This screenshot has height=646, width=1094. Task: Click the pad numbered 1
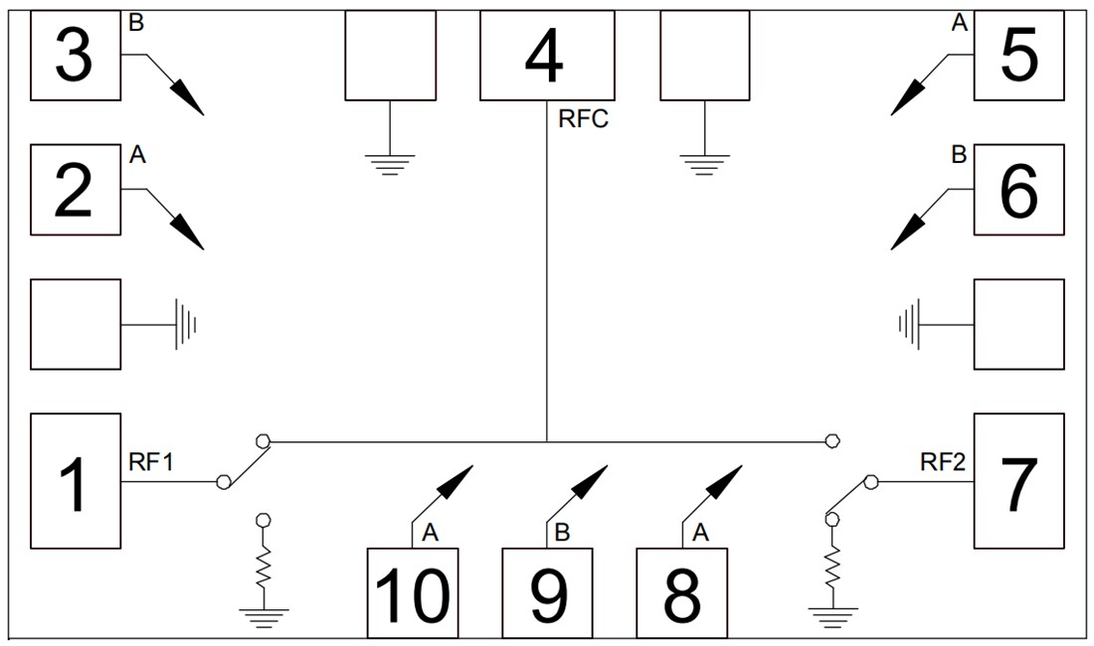tap(76, 481)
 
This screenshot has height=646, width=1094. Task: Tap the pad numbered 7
tap(1018, 481)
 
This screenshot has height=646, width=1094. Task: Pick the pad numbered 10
tap(412, 592)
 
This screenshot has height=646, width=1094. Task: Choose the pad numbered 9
tap(546, 592)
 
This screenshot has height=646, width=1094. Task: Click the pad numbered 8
tap(681, 592)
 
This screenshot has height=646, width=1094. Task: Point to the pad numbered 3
tap(76, 56)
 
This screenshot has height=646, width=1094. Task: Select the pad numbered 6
tap(1018, 190)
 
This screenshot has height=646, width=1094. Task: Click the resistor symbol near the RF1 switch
tap(264, 567)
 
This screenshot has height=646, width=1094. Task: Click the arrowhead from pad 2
tap(189, 235)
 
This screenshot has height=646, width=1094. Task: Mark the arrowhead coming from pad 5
tap(905, 100)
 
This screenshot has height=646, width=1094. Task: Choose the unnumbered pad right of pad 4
tap(704, 56)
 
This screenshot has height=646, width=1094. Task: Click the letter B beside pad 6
tap(959, 155)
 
